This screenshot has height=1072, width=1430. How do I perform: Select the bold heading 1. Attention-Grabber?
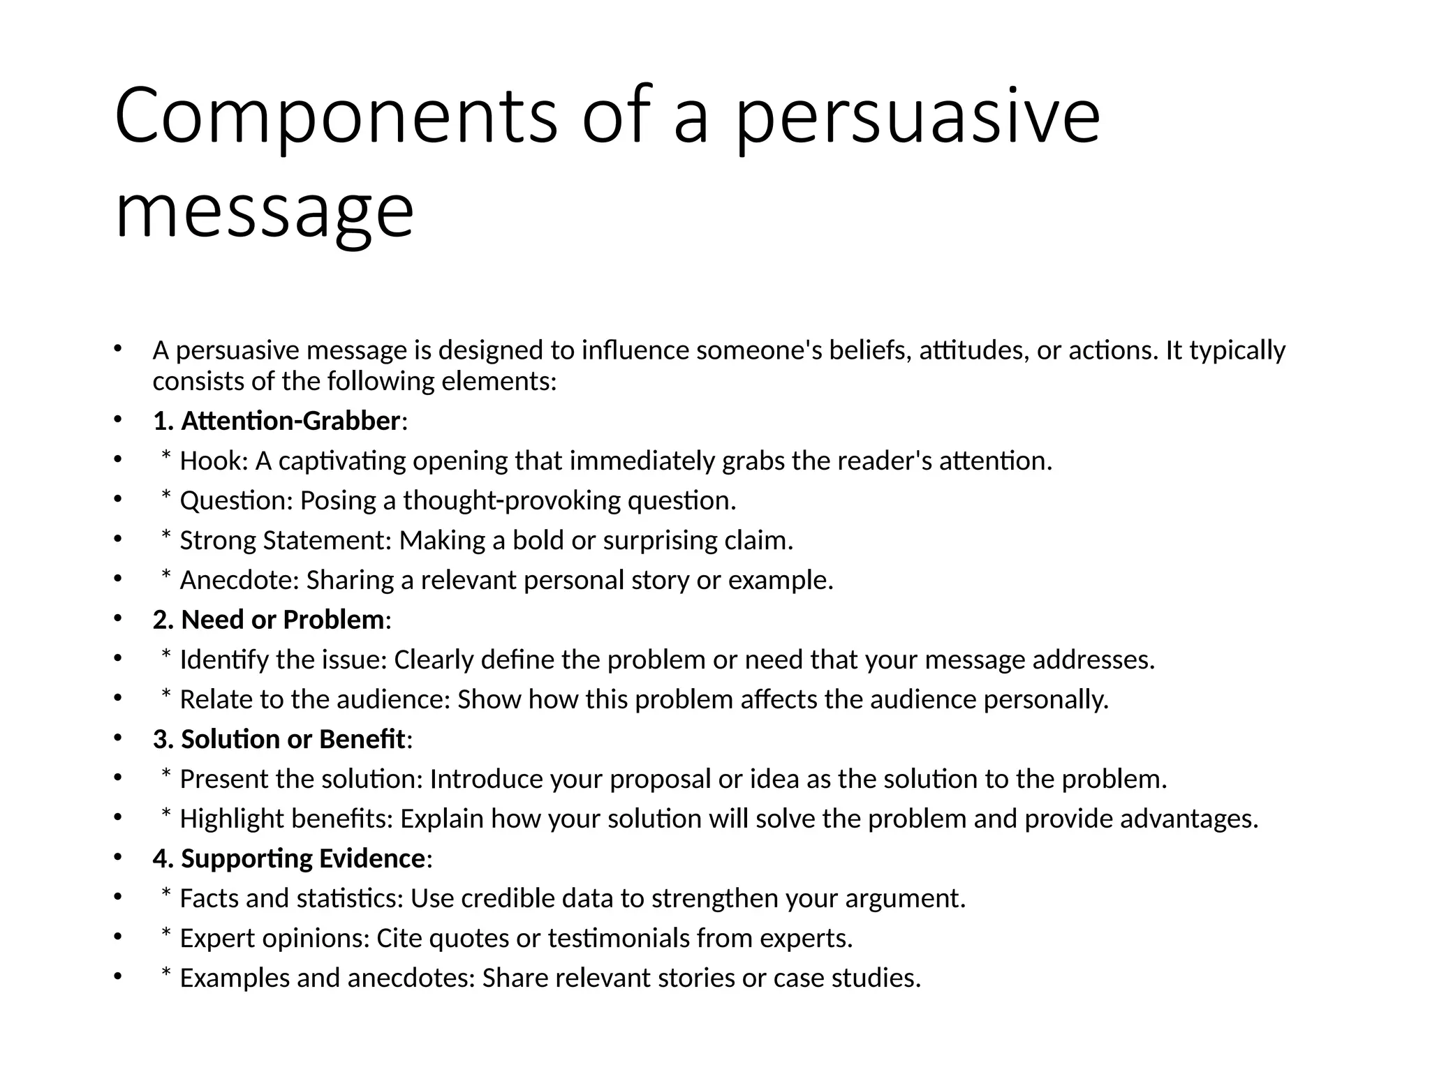pos(277,422)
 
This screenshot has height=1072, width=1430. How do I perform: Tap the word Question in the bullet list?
pos(235,501)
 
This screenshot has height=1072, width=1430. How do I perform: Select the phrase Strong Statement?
pos(285,541)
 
